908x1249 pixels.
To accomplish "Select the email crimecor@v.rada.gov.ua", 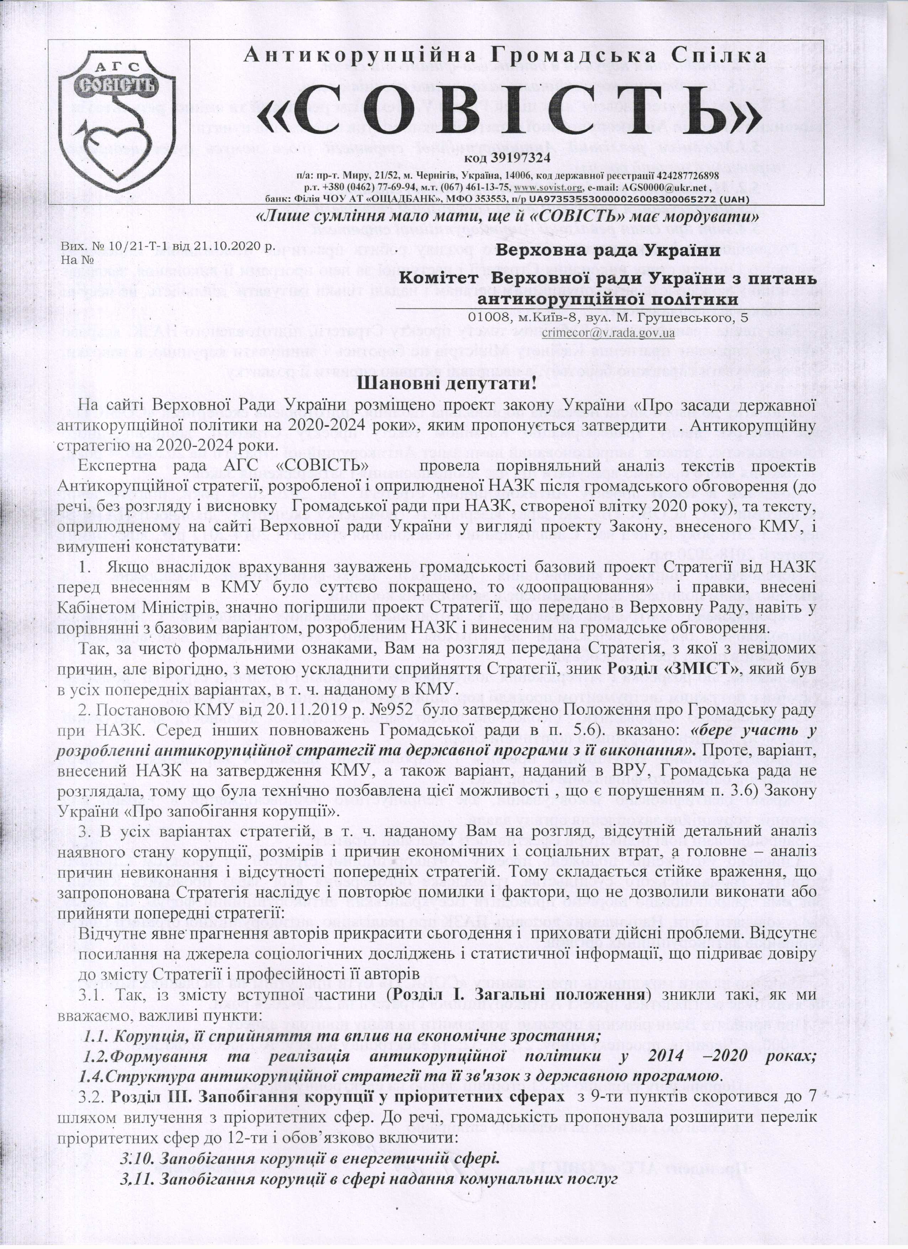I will coord(609,333).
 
